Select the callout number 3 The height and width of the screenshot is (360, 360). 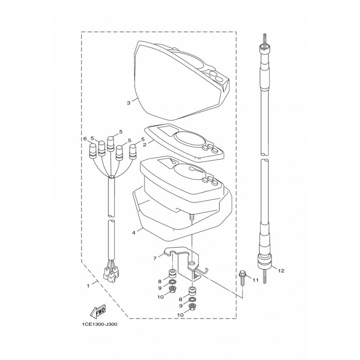pyautogui.click(x=129, y=103)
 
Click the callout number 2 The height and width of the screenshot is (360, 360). pyautogui.click(x=144, y=144)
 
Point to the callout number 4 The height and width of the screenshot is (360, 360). pyautogui.click(x=134, y=233)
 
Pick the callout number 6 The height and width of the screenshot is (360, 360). pyautogui.click(x=85, y=139)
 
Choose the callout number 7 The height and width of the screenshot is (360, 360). pyautogui.click(x=155, y=259)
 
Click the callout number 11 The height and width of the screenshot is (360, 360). pyautogui.click(x=256, y=280)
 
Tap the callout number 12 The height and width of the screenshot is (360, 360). pyautogui.click(x=281, y=271)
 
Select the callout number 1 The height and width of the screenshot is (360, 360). pyautogui.click(x=88, y=286)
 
